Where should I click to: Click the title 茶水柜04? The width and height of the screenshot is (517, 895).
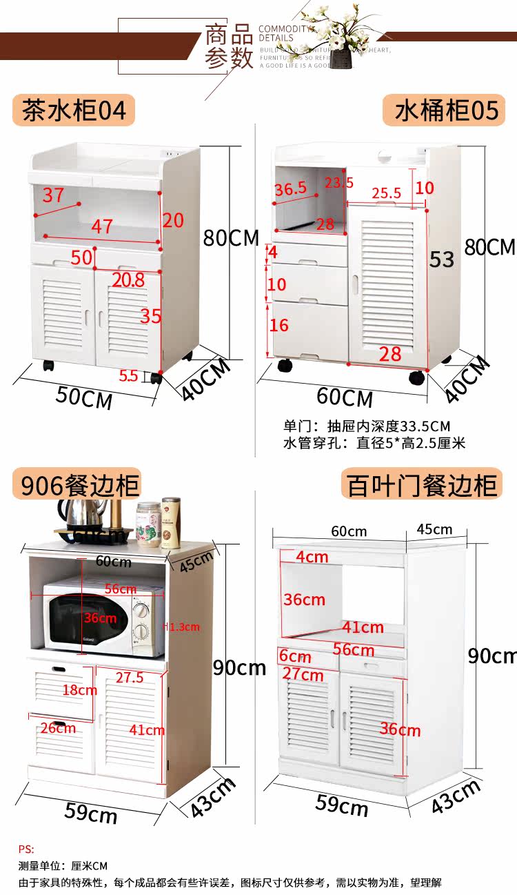tap(74, 110)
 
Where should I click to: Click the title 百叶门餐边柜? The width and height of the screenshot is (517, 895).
tap(422, 485)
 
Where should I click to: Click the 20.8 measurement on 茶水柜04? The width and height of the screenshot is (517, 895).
tap(128, 279)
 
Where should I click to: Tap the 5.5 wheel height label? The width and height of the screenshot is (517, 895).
tap(129, 376)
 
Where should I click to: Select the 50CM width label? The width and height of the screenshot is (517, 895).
tap(84, 397)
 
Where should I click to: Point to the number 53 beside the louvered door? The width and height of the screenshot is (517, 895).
tap(442, 259)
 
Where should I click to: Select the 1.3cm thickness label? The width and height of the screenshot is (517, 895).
tap(183, 627)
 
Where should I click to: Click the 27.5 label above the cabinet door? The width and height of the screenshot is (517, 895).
tap(130, 678)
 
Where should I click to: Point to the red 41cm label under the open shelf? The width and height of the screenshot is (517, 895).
tap(363, 627)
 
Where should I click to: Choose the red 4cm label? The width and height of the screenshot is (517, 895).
tap(312, 556)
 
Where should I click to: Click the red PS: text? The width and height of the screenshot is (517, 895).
tap(26, 849)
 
